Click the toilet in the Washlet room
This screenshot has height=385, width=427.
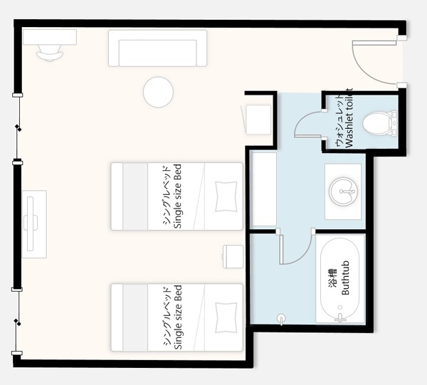coord(379,123)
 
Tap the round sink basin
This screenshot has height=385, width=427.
coord(343,191)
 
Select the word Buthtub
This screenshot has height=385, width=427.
coord(345,278)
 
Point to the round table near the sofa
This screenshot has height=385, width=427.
coord(158,92)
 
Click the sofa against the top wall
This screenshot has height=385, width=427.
coord(157,48)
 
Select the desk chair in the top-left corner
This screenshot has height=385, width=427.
coord(50,53)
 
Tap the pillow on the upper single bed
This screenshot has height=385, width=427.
coord(226,196)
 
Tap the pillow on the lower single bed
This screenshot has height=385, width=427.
coord(226,317)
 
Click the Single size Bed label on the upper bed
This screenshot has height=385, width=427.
coord(177,196)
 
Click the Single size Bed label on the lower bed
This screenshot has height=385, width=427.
coord(177,317)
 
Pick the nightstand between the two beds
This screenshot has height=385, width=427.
coord(233,256)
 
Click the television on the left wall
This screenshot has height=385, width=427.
coord(31,223)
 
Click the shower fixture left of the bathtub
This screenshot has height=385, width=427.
coord(281,319)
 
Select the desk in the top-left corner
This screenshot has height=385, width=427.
coord(50,37)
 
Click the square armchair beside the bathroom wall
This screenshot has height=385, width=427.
coord(258,120)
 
